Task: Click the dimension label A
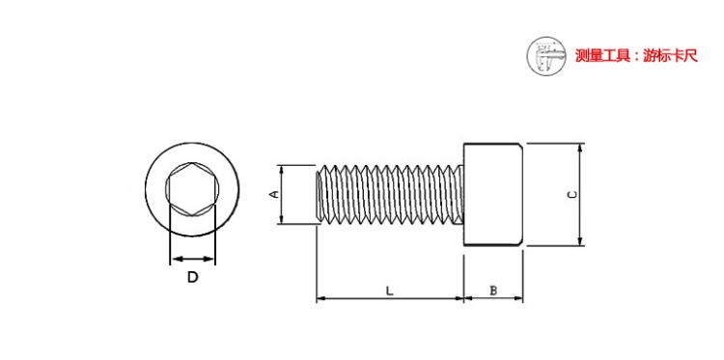point(274,194)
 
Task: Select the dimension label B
point(493,291)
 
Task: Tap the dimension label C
point(571,195)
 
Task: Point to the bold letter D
point(192,277)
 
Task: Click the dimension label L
point(390,291)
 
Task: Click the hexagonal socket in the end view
point(192,189)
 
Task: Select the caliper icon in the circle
point(546,56)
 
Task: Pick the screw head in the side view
point(493,194)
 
